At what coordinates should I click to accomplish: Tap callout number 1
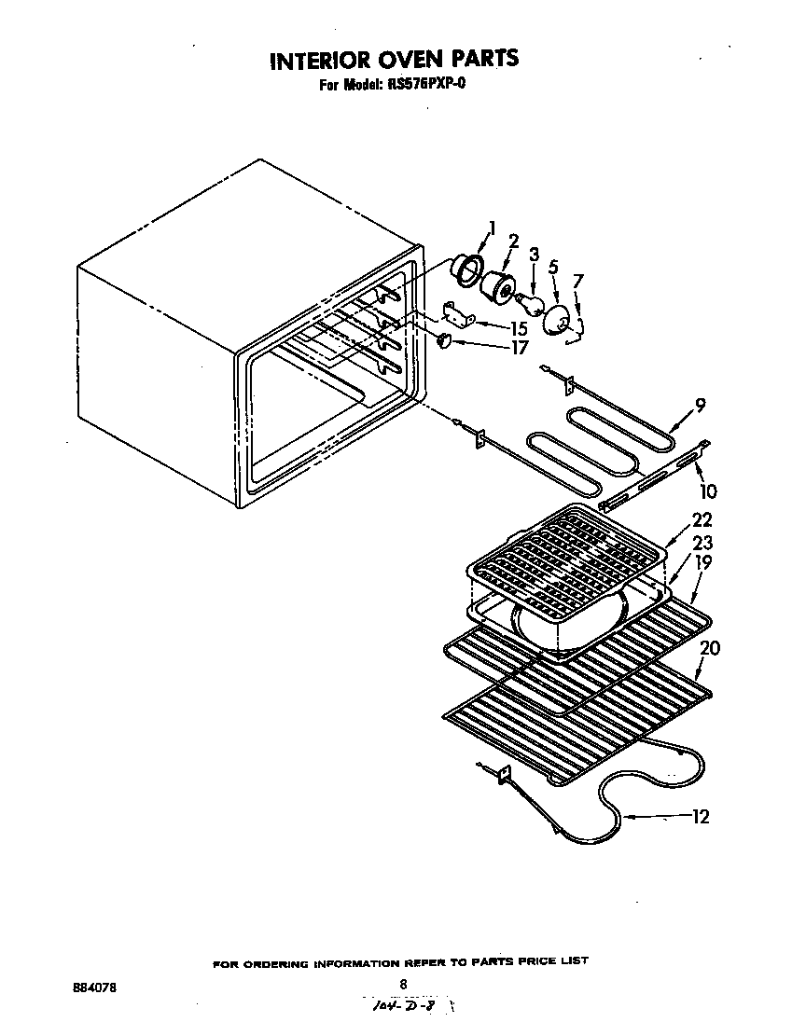coord(493,227)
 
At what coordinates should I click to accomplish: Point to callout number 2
coord(513,242)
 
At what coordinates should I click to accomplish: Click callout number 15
coord(519,328)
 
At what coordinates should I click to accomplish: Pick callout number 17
coord(519,347)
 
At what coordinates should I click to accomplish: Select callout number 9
coord(699,406)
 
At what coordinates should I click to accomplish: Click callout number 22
coord(702,520)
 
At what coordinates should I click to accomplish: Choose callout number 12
coord(701,817)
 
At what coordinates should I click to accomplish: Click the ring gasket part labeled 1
coord(464,267)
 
